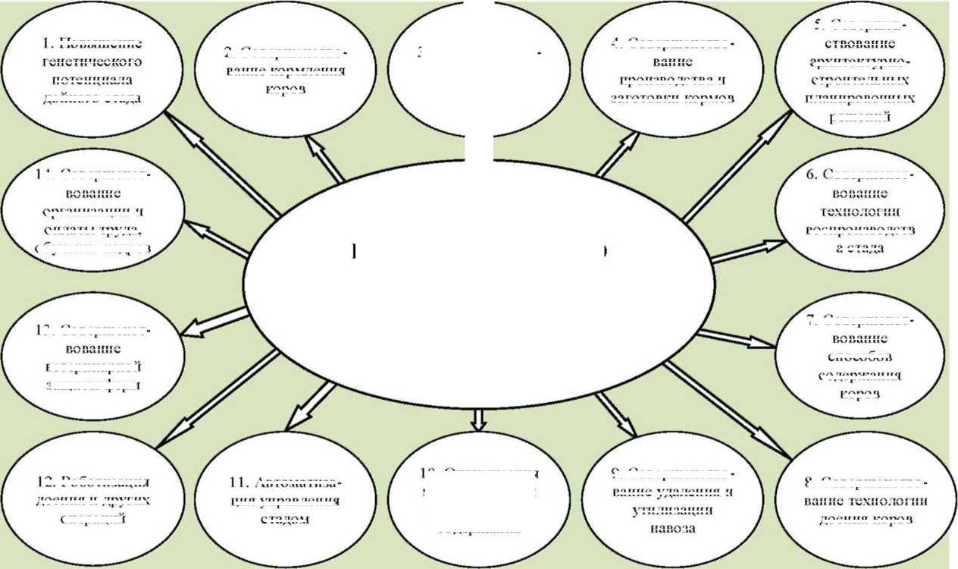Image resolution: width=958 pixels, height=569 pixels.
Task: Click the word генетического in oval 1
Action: [93, 61]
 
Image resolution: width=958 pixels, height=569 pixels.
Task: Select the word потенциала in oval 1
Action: [93, 80]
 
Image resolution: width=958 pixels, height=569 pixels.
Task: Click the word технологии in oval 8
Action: [891, 501]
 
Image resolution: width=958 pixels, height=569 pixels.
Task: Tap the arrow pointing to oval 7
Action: [735, 338]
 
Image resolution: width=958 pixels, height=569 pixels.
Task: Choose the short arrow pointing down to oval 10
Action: [477, 418]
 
